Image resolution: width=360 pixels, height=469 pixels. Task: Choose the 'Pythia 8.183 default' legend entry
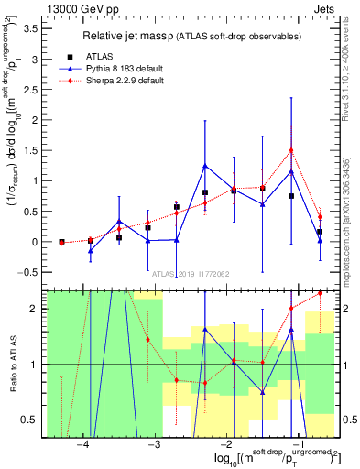[x=119, y=68]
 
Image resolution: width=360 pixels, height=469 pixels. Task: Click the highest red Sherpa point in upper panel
[x=291, y=150]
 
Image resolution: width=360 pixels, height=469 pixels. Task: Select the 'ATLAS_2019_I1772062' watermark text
[x=191, y=273]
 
